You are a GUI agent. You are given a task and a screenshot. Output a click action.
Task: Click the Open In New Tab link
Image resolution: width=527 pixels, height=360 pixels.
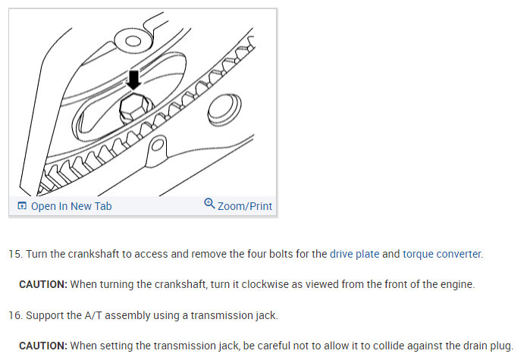71,206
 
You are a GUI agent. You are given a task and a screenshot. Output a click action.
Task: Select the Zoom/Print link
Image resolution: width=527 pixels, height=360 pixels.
244,206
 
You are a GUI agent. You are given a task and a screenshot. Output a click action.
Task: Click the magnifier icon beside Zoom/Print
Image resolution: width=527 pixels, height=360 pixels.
210,205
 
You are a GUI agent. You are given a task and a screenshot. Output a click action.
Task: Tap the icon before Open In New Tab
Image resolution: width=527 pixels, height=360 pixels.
22,206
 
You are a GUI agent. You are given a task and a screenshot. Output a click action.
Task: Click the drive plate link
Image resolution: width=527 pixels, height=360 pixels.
354,254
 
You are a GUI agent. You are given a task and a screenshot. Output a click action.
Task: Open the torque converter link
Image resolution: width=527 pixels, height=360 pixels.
441,254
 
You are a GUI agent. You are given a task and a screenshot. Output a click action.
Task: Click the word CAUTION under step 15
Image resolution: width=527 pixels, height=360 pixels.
43,284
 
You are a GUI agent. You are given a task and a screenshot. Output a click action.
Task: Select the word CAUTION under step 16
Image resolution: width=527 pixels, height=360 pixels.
43,345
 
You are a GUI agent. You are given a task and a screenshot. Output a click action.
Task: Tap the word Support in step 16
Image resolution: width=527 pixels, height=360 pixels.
50,315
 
